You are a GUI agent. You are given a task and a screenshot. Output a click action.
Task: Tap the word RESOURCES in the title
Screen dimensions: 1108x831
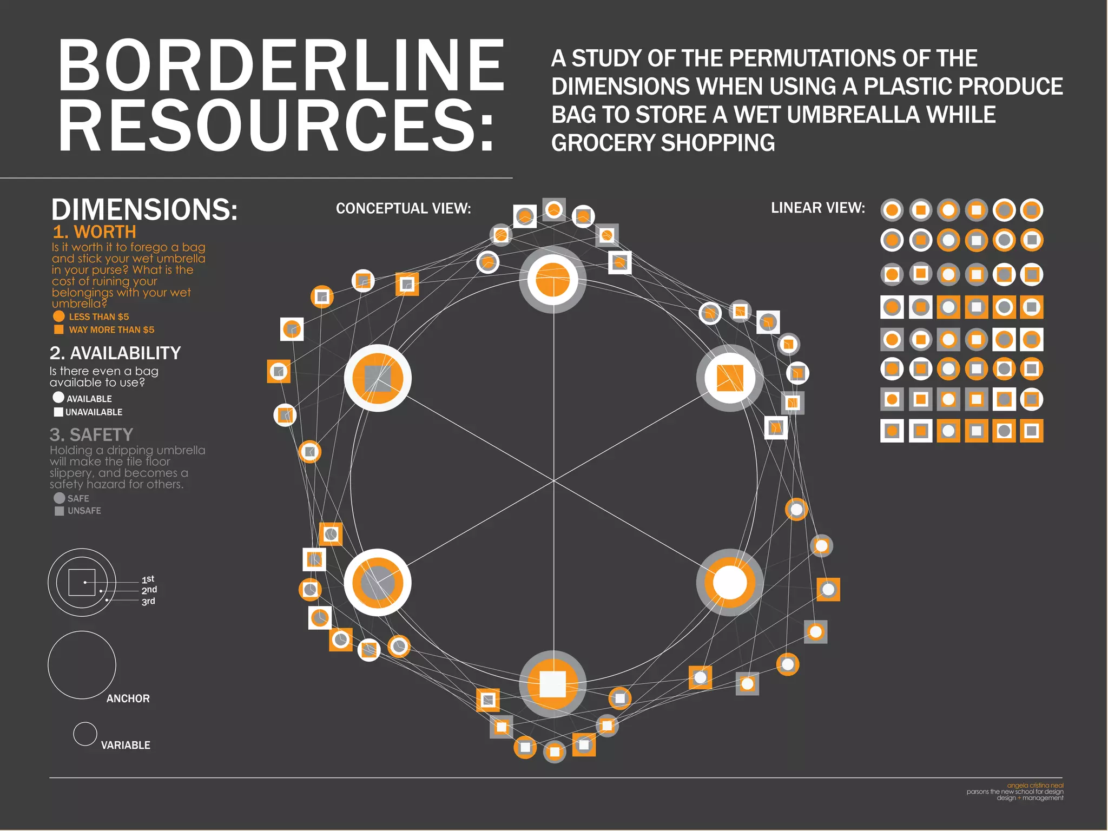(276, 126)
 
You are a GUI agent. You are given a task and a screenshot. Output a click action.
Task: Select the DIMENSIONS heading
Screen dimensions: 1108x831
(144, 209)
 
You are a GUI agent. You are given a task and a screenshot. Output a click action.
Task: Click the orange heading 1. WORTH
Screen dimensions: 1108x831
(94, 232)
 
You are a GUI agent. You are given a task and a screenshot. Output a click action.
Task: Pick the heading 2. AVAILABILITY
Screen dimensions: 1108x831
(115, 353)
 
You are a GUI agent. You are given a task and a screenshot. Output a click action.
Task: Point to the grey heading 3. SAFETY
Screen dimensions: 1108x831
(91, 434)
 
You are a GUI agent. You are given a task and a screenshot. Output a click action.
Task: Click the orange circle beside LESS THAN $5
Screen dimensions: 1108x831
(59, 316)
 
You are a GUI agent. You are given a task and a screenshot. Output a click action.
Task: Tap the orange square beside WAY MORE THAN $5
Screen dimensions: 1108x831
(59, 329)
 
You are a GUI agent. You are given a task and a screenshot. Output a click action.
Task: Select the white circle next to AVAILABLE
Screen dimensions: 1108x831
(58, 397)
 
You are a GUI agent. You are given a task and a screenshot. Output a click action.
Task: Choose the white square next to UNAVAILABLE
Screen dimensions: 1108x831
(58, 412)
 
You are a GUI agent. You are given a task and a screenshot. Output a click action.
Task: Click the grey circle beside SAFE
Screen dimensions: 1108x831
(60, 498)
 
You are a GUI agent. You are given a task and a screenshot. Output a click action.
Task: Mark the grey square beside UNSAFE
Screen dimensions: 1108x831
(60, 511)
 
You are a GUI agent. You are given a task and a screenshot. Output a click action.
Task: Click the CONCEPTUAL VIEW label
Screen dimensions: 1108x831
(403, 208)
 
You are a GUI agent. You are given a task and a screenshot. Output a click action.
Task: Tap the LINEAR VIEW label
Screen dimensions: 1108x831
(817, 208)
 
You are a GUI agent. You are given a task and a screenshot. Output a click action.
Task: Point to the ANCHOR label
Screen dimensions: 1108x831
(128, 698)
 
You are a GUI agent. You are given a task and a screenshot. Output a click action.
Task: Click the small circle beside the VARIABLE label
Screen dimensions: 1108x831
(85, 734)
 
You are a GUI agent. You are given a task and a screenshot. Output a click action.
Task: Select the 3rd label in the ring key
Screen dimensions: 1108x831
(148, 601)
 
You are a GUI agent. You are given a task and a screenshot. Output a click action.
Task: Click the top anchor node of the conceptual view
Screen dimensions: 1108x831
(553, 280)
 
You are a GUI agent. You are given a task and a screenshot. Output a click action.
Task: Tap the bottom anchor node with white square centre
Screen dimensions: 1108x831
(553, 684)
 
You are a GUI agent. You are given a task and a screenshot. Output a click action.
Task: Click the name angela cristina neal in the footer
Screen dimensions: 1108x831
(1035, 785)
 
